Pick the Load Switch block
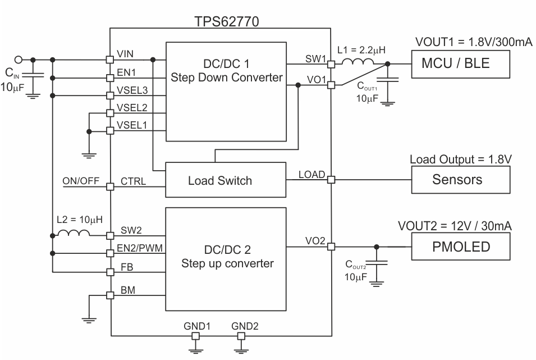point(219,181)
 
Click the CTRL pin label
point(133,182)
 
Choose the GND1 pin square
point(196,336)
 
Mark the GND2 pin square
point(241,336)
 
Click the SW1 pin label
point(315,59)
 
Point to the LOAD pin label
point(311,174)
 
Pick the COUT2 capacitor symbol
point(376,262)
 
